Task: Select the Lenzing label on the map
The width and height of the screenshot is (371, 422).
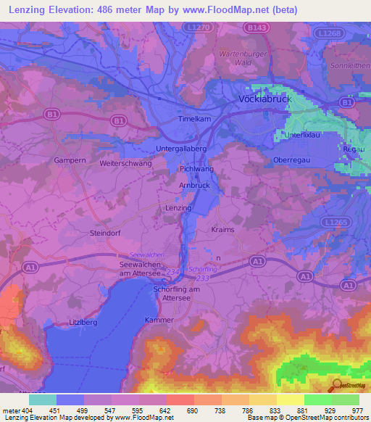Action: [178, 208]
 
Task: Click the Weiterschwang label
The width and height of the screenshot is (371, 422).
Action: [125, 164]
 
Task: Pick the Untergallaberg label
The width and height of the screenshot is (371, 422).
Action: [183, 149]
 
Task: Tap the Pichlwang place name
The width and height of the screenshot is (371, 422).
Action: [196, 168]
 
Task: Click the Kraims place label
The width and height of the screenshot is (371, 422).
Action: [224, 229]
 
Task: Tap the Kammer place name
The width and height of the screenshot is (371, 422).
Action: [159, 320]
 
